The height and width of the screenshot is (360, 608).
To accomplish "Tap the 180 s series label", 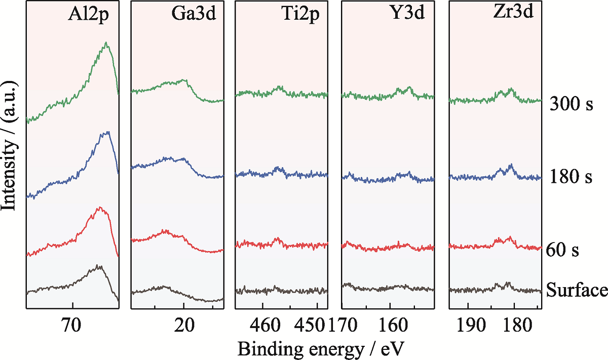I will coord(571,177).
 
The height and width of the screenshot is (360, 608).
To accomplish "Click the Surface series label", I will coord(577,290).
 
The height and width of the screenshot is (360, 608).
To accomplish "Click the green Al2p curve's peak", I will coord(106,43).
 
